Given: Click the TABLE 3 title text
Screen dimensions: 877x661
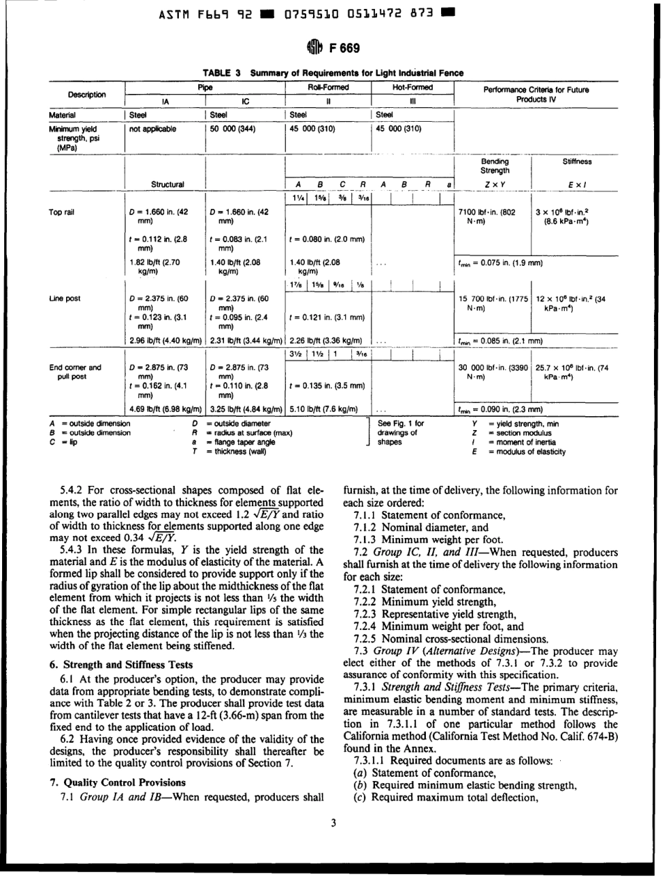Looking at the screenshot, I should coord(333,72).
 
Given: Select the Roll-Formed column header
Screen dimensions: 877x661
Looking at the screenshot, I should coord(327,88).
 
